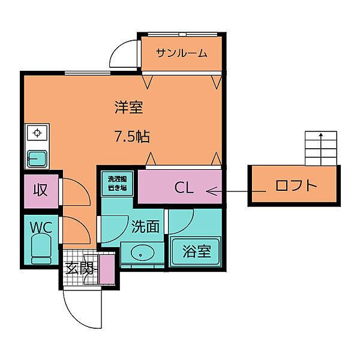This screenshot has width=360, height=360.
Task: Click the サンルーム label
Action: (x=181, y=53)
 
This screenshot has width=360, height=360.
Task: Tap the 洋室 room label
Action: (x=129, y=108)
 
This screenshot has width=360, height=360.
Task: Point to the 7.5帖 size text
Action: (x=132, y=137)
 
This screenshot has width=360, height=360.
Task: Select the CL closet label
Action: (x=184, y=188)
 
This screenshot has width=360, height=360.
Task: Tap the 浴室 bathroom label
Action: (x=196, y=251)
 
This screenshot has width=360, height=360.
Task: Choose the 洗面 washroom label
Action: (x=145, y=226)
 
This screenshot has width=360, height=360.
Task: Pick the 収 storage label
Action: (x=40, y=191)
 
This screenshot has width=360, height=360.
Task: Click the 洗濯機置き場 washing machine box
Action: (x=117, y=183)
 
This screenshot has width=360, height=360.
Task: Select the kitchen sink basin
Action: (x=38, y=158)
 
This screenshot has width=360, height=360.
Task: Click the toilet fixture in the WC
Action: (x=41, y=249)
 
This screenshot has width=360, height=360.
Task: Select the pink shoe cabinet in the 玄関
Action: (x=107, y=269)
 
